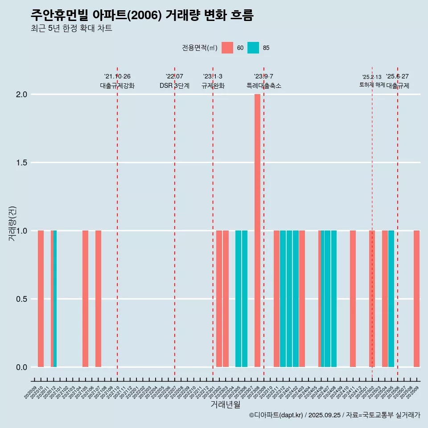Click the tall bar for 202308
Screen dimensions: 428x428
pyautogui.click(x=257, y=230)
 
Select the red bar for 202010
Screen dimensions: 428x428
pyautogui.click(x=41, y=299)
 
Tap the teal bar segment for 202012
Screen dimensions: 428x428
pyautogui.click(x=55, y=299)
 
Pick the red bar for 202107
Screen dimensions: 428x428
pyautogui.click(x=98, y=299)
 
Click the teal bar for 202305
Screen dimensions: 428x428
pyautogui.click(x=238, y=299)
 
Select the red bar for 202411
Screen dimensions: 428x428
pyautogui.click(x=353, y=299)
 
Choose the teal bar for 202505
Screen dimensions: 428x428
pyautogui.click(x=391, y=299)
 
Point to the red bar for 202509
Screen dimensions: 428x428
pyautogui.click(x=416, y=299)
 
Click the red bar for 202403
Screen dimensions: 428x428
pyautogui.click(x=302, y=299)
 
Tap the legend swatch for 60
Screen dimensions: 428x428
pyautogui.click(x=227, y=48)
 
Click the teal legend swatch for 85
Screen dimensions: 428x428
pyautogui.click(x=253, y=48)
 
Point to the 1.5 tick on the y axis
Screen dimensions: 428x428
pyautogui.click(x=21, y=163)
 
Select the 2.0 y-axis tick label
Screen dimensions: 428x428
pyautogui.click(x=21, y=95)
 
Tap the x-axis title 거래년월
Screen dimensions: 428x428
pyautogui.click(x=225, y=405)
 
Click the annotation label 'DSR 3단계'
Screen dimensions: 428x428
pyautogui.click(x=174, y=86)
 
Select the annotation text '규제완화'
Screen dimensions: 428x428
pyautogui.click(x=213, y=86)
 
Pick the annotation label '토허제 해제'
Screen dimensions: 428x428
pyautogui.click(x=372, y=85)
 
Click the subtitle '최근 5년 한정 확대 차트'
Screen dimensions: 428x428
pyautogui.click(x=71, y=29)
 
